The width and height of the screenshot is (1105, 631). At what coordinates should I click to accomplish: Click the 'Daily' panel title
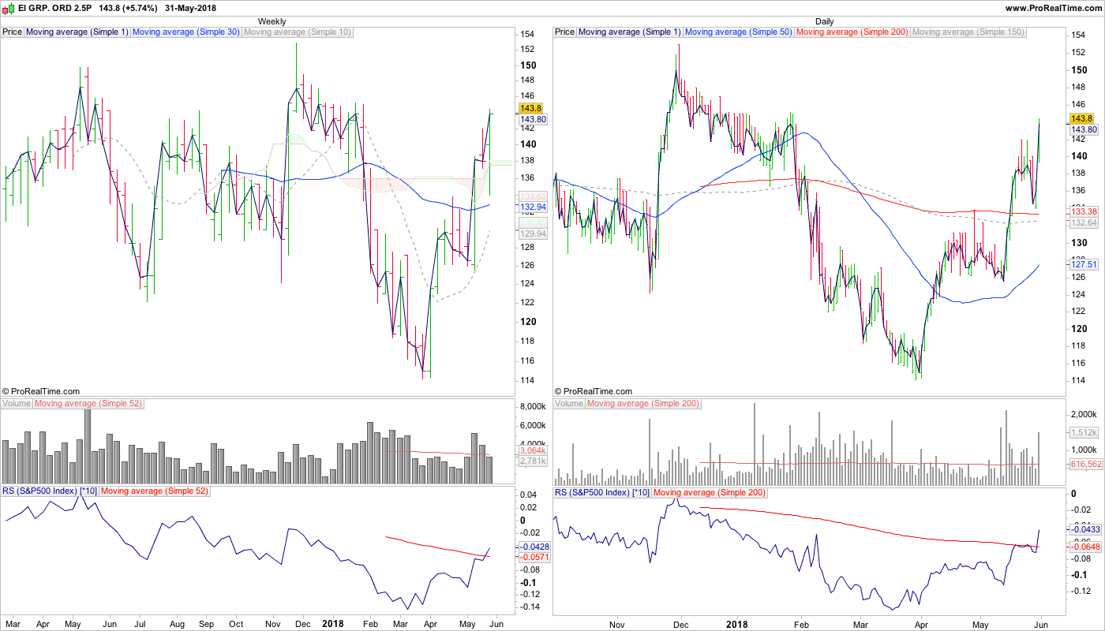(824, 21)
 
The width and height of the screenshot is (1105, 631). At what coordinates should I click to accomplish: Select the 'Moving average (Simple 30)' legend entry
(186, 32)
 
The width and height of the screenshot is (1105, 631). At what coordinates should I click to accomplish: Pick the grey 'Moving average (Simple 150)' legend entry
(968, 32)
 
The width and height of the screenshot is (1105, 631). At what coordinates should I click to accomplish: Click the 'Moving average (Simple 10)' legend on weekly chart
(298, 32)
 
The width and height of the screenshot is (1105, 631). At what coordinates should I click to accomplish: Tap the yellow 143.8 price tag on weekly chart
(530, 108)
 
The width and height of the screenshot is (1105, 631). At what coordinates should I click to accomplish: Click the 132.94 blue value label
(533, 207)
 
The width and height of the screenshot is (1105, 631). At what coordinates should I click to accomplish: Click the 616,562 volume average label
(1086, 465)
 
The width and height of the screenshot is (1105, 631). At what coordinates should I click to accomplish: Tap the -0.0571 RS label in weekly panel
(533, 557)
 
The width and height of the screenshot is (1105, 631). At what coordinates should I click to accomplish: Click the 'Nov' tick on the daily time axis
(617, 624)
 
